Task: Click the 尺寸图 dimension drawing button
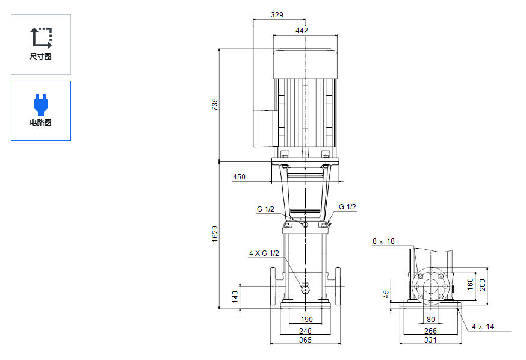41,45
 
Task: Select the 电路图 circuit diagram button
41,111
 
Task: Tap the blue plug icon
41,104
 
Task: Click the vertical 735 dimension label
215,104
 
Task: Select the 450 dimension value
239,177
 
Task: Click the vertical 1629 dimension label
215,235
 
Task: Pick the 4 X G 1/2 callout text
264,253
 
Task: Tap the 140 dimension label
235,296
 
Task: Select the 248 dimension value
305,331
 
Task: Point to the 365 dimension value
305,341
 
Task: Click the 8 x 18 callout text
383,241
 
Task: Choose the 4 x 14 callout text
482,326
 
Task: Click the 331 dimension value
430,341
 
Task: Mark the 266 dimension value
430,331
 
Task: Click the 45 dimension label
386,294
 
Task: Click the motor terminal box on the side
263,128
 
